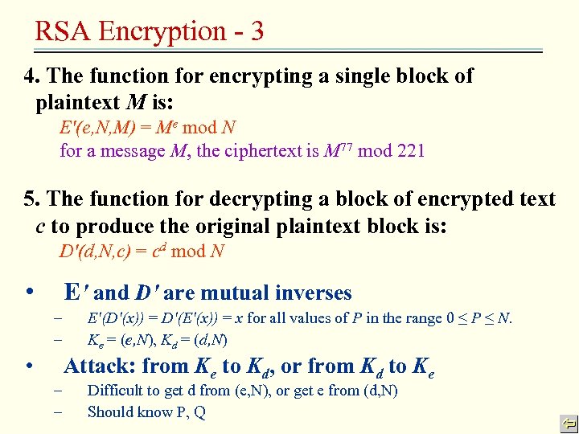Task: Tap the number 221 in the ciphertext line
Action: (x=408, y=150)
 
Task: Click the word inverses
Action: (x=310, y=293)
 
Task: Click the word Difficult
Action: (x=116, y=391)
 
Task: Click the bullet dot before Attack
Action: (x=29, y=366)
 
